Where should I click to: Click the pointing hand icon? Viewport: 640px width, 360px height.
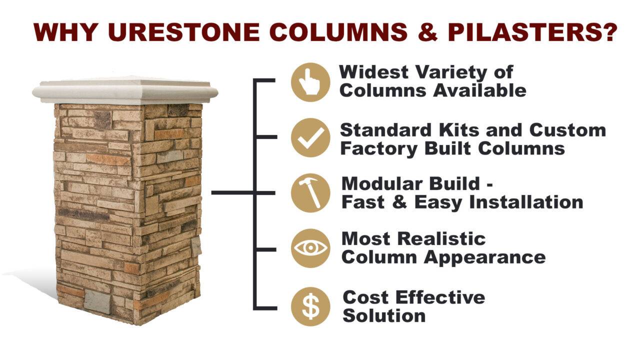click(x=310, y=82)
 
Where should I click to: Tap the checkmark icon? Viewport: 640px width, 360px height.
click(x=310, y=137)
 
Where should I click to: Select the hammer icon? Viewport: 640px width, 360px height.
click(x=310, y=192)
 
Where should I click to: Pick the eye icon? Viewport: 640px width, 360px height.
click(x=310, y=248)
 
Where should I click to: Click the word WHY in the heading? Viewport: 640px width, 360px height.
click(x=65, y=32)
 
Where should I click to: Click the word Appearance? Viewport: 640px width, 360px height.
click(x=484, y=257)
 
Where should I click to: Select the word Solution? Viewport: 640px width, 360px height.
click(x=384, y=316)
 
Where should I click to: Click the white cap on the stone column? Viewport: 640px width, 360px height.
click(x=125, y=91)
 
